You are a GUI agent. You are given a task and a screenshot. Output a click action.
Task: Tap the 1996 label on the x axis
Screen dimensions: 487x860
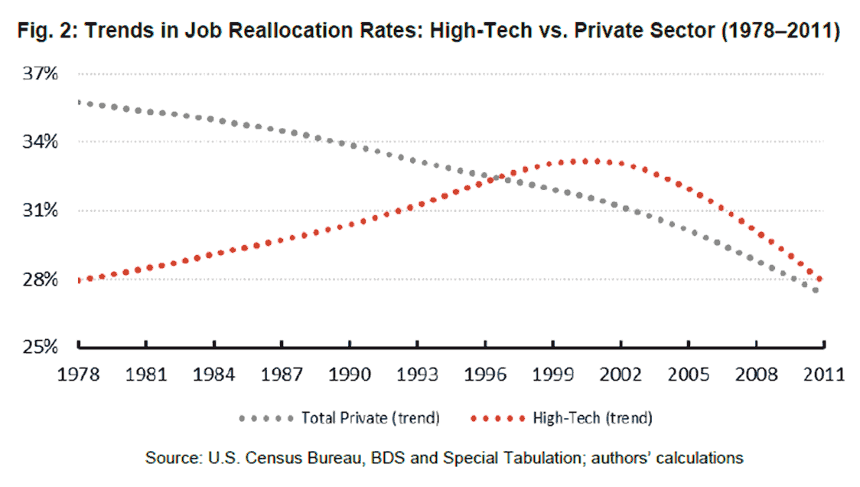(485, 375)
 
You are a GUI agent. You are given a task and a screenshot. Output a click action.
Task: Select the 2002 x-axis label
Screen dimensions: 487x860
(621, 375)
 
